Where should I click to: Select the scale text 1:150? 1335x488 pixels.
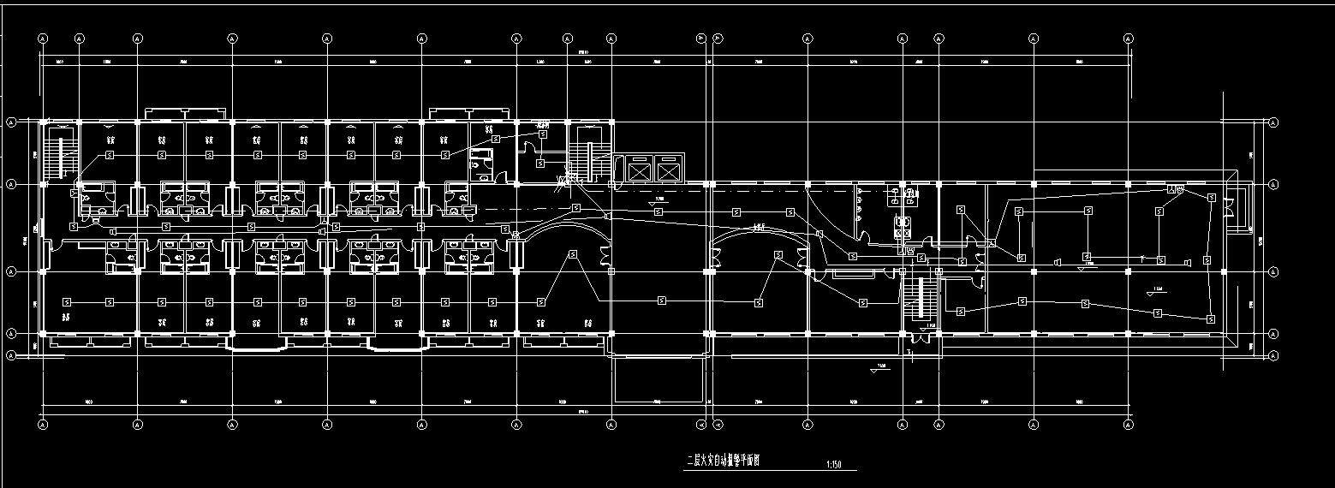coord(834,465)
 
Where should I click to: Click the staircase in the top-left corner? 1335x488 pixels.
coord(60,153)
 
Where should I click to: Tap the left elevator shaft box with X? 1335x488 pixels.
coord(640,171)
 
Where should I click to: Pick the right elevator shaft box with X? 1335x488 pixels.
coord(668,171)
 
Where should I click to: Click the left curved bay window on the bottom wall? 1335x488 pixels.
coord(255,343)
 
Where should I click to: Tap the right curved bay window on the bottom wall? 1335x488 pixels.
coord(397,343)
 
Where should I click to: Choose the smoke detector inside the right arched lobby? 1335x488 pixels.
coord(778,254)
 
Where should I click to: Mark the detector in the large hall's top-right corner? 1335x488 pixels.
coord(1211,198)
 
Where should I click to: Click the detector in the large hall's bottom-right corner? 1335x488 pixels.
coord(1211,318)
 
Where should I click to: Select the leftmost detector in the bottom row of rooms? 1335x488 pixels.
coord(68,301)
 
